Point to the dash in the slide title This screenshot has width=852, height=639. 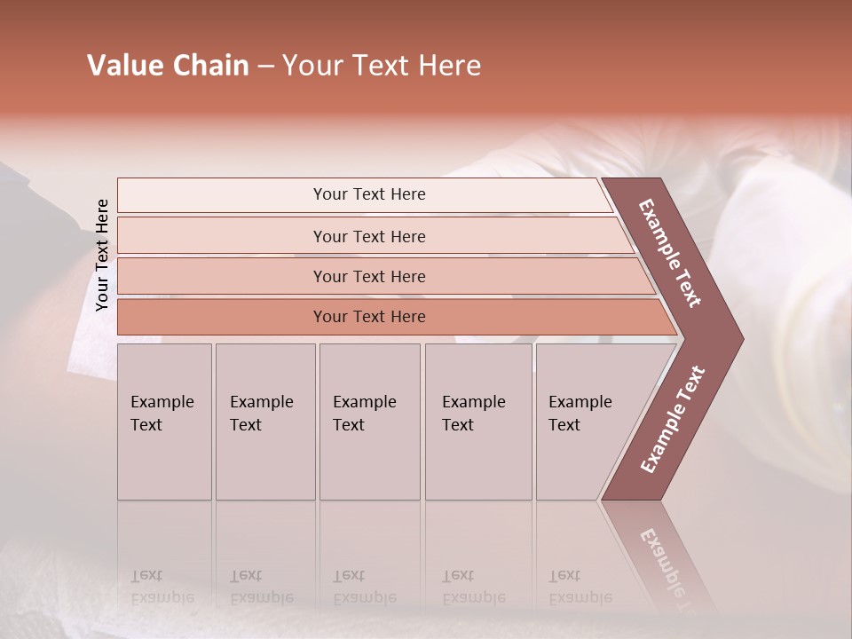pyautogui.click(x=265, y=67)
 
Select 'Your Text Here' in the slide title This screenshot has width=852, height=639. pyautogui.click(x=382, y=66)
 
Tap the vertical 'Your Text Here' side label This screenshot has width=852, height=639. pyautogui.click(x=102, y=255)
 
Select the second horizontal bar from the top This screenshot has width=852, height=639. pyautogui.click(x=369, y=236)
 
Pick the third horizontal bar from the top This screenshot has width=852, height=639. pyautogui.click(x=369, y=276)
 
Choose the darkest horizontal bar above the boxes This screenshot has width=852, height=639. pyautogui.click(x=369, y=317)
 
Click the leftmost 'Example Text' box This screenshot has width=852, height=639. pyautogui.click(x=164, y=422)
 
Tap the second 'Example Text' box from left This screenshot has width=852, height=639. pyautogui.click(x=265, y=422)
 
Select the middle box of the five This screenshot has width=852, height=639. pyautogui.click(x=369, y=422)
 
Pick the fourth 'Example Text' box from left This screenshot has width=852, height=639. pyautogui.click(x=478, y=422)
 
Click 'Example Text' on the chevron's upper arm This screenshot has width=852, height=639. pyautogui.click(x=670, y=253)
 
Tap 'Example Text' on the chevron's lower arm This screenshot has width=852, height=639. pyautogui.click(x=673, y=420)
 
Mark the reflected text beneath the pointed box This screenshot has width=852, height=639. pyautogui.click(x=580, y=587)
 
